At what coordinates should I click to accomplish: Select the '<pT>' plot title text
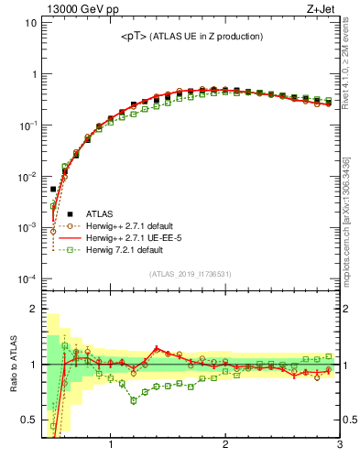tap(191, 37)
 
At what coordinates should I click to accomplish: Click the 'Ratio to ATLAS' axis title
tap(13, 365)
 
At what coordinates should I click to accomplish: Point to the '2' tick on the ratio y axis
tap(33, 309)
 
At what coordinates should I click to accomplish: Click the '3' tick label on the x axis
tap(339, 445)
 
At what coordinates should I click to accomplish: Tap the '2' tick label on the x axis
tap(225, 445)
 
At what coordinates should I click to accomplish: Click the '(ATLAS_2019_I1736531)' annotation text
tap(191, 274)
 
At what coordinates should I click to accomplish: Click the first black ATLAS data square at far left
tap(53, 189)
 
